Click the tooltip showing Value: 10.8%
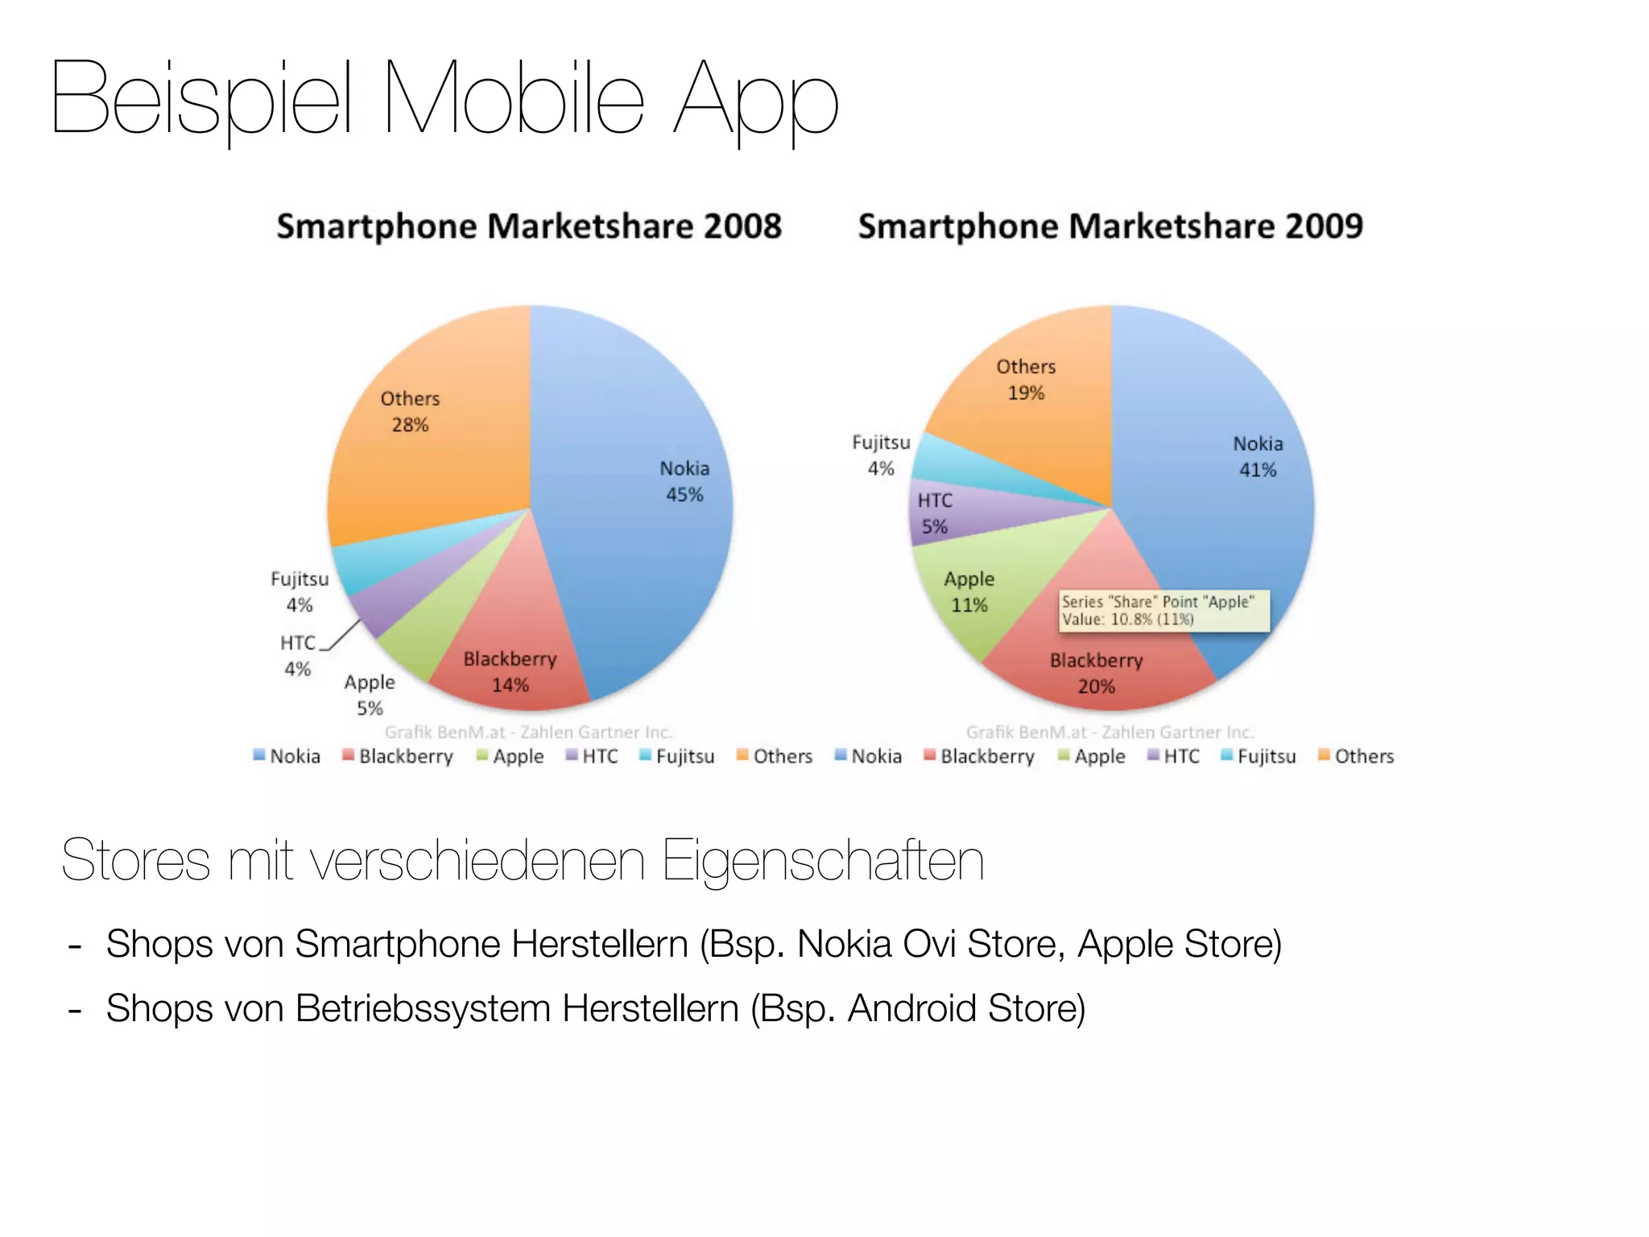pyautogui.click(x=1163, y=610)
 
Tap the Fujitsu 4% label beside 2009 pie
pyautogui.click(x=881, y=455)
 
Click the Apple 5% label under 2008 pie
pyautogui.click(x=370, y=694)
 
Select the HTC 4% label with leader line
pyautogui.click(x=297, y=655)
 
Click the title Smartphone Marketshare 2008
pyautogui.click(x=529, y=226)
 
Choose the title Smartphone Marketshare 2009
pyautogui.click(x=1110, y=226)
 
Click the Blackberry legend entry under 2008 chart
pyautogui.click(x=398, y=756)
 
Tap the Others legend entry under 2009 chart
pyautogui.click(x=1356, y=756)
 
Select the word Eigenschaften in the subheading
pyautogui.click(x=822, y=861)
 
